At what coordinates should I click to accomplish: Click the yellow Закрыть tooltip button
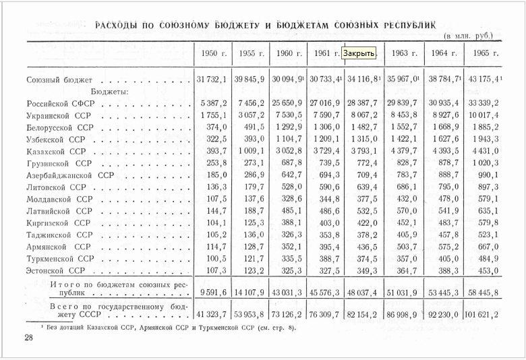[358, 53]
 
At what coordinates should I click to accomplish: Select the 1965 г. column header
[485, 53]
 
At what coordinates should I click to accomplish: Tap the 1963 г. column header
[405, 53]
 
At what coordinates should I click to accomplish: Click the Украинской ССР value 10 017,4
[484, 116]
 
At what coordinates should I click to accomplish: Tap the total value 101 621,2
[482, 315]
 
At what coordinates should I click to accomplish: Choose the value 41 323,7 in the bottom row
[211, 315]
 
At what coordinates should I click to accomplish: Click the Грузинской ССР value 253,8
[216, 164]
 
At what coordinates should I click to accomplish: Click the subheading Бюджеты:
[109, 92]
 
